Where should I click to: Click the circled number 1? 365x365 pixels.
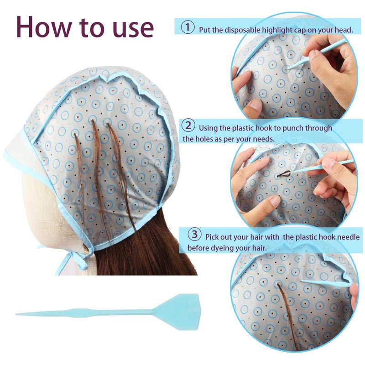click(x=188, y=27)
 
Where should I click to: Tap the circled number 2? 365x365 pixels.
click(x=188, y=126)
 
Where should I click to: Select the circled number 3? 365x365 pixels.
click(x=195, y=234)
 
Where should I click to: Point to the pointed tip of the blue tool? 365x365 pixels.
click(x=16, y=314)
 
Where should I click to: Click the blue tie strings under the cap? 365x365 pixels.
click(x=72, y=260)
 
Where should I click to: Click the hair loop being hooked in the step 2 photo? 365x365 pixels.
click(x=284, y=174)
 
